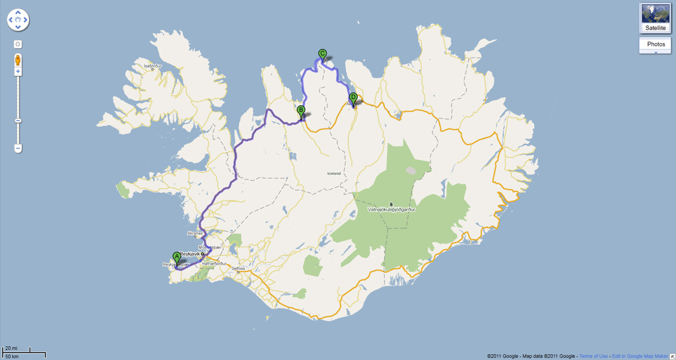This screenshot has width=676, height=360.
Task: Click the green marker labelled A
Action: [x=176, y=258]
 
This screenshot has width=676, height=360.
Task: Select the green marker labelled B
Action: [x=301, y=111]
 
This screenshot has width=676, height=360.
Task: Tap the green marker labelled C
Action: [x=322, y=54]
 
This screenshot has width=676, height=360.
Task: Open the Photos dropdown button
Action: [x=656, y=45]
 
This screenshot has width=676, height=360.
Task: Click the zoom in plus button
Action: [x=18, y=71]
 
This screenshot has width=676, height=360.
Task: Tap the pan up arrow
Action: [x=18, y=13]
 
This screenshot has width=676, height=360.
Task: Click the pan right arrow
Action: [x=26, y=20]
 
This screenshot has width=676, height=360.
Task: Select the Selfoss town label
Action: [x=238, y=268]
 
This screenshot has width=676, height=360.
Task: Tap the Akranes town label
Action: [x=197, y=233]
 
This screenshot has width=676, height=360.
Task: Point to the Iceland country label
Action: [x=334, y=174]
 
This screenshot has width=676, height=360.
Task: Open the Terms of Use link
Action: [x=593, y=356]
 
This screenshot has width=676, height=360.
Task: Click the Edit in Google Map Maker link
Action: [x=640, y=356]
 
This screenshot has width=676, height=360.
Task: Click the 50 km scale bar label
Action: [x=11, y=356]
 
